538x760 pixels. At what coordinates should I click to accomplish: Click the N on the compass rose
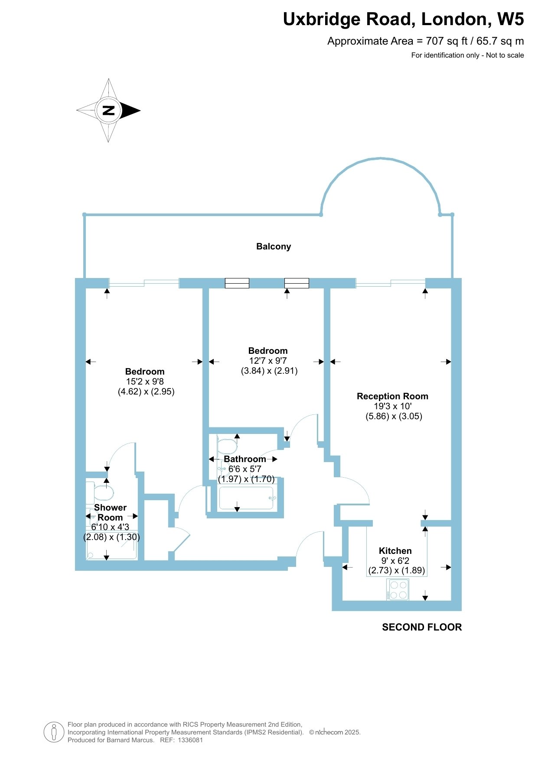point(108,110)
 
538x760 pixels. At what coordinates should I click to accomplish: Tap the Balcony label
point(274,246)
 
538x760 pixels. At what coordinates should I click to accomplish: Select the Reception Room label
point(392,396)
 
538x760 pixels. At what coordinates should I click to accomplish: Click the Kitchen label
point(395,551)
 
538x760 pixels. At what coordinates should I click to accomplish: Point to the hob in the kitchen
point(398,590)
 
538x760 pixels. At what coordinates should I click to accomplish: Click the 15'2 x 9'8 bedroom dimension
point(145,382)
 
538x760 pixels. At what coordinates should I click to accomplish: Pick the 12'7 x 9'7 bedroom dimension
point(268,361)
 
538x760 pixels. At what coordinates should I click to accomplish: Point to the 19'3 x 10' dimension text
point(393,406)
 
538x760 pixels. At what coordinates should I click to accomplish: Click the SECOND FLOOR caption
point(422,627)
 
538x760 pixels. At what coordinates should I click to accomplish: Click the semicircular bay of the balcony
point(380,159)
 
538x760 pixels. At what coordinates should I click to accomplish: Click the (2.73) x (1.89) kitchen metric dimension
point(397,570)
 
